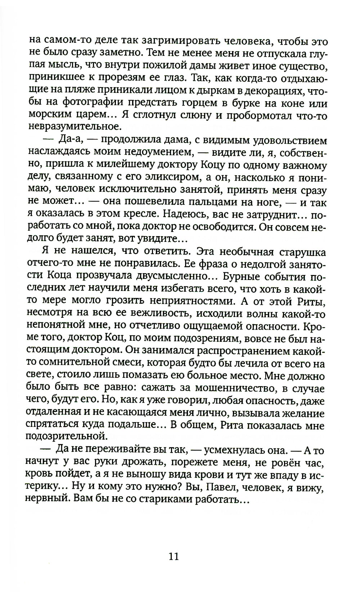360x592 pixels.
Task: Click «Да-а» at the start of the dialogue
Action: pyautogui.click(x=68, y=140)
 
